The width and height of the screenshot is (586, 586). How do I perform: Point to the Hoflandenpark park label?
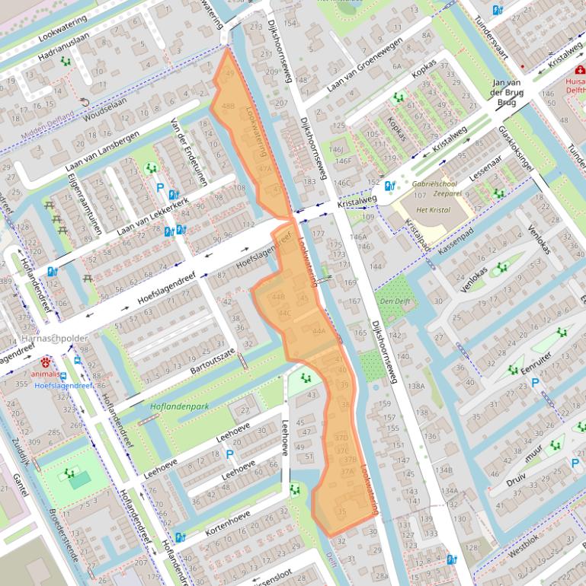(179, 406)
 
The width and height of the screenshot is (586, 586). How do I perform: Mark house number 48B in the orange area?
(228, 107)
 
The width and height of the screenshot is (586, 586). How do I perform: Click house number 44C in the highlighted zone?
(285, 313)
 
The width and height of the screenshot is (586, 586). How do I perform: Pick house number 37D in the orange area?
(341, 438)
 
